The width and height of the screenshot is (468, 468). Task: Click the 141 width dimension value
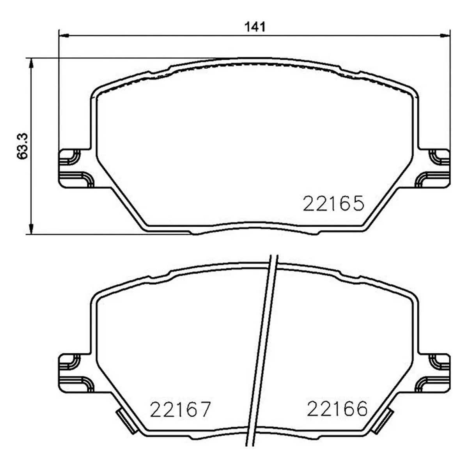click(255, 27)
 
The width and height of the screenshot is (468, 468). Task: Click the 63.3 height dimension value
click(23, 146)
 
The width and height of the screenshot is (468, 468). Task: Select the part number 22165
click(334, 204)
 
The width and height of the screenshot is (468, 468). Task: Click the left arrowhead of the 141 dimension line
click(64, 36)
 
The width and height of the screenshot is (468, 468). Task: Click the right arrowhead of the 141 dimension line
click(445, 36)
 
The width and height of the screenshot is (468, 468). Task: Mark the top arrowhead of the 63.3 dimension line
click(31, 64)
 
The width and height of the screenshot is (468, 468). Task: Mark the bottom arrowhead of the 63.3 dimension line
click(31, 229)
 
